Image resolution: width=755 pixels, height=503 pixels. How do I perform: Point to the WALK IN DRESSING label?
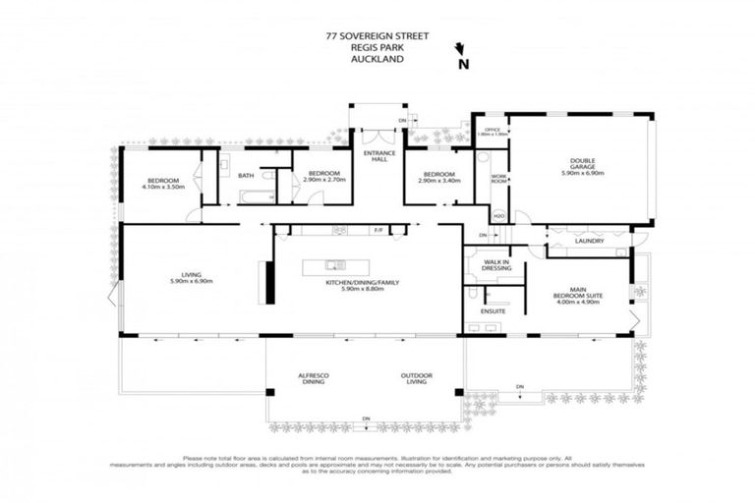494,265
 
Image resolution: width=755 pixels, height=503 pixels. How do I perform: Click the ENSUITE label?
493,310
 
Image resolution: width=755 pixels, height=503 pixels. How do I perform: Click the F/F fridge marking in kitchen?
378,230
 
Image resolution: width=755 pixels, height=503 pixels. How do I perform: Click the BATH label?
246,176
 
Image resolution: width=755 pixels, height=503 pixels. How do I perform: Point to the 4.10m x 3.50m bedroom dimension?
163,186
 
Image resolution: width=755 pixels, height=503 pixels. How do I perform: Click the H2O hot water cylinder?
498,215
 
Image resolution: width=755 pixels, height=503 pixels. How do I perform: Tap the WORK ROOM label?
498,178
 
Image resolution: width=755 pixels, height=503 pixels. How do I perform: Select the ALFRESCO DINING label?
315,379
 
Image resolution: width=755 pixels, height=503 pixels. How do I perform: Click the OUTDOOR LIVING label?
417,379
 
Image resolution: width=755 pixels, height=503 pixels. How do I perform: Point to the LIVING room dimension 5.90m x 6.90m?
191,282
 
